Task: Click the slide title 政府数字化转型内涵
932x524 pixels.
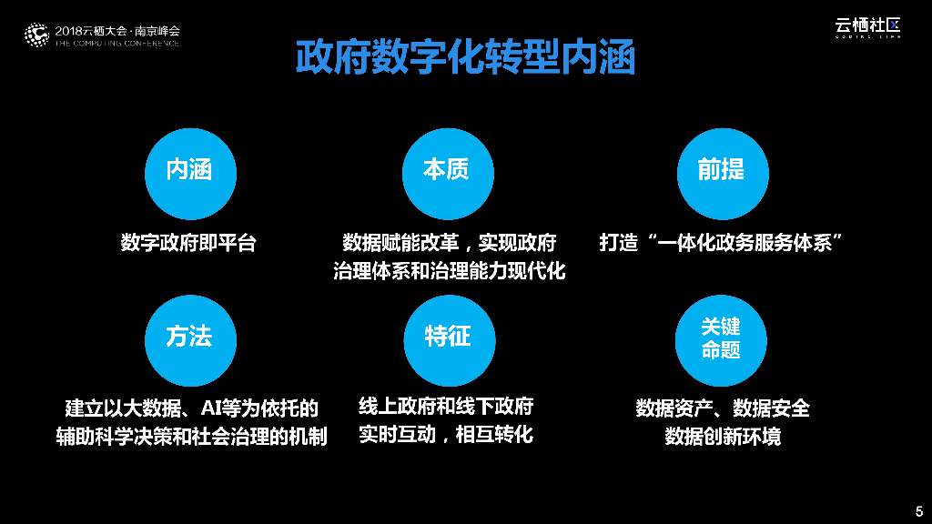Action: (x=465, y=57)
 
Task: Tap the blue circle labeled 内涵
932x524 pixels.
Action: (x=189, y=170)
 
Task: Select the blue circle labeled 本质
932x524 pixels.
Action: (x=446, y=170)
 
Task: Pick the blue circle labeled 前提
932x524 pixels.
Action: (x=721, y=170)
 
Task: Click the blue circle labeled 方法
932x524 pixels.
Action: (x=189, y=338)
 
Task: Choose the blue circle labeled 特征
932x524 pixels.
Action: (x=448, y=338)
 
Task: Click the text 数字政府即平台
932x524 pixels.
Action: (x=189, y=243)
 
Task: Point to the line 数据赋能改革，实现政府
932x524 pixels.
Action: (x=449, y=243)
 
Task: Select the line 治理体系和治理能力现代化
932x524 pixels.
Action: (x=449, y=271)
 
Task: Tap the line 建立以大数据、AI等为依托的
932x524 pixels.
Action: (x=190, y=407)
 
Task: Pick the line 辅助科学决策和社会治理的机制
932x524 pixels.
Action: (x=190, y=436)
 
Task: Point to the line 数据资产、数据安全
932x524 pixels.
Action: (x=722, y=408)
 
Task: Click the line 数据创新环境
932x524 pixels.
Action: (x=722, y=436)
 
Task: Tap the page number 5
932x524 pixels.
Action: (x=917, y=509)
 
